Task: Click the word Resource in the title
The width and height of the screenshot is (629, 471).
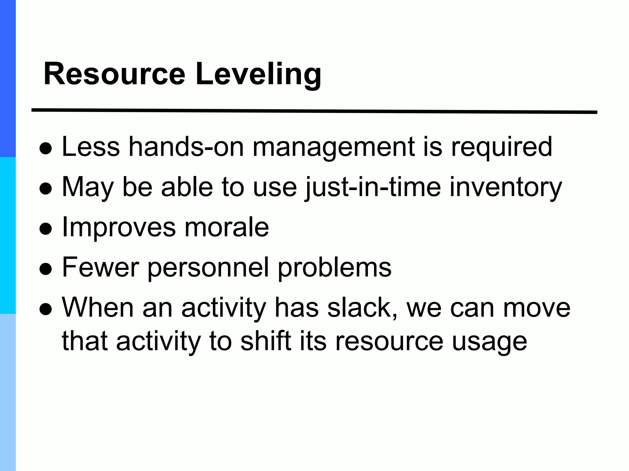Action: click(x=114, y=75)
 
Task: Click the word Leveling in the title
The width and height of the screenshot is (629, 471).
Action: click(x=258, y=75)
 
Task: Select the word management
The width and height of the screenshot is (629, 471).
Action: click(x=334, y=147)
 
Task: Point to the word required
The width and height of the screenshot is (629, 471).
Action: click(x=501, y=147)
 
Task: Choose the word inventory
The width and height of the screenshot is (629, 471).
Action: click(x=506, y=187)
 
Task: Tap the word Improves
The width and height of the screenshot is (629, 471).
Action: click(x=119, y=228)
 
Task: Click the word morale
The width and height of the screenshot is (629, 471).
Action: click(x=227, y=227)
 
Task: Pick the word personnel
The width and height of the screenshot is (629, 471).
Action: click(x=208, y=268)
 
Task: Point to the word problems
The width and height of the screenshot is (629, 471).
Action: click(x=335, y=267)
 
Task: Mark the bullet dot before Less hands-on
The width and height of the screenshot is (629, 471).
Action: click(x=45, y=149)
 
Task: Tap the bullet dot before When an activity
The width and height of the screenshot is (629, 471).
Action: click(x=45, y=309)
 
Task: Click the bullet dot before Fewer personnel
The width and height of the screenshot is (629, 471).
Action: click(x=45, y=269)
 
